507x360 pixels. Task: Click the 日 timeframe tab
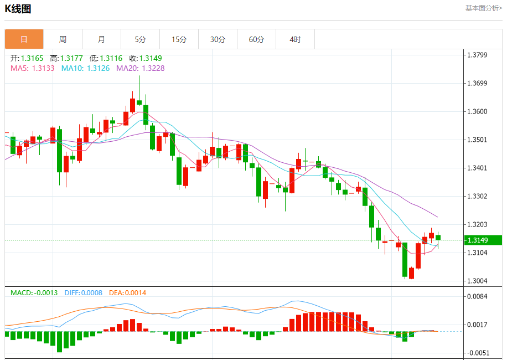point(24,39)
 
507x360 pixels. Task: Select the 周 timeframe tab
point(63,39)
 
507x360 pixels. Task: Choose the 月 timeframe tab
point(101,39)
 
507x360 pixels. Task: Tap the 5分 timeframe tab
point(140,39)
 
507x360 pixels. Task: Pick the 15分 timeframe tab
point(179,39)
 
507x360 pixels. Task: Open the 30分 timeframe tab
point(218,39)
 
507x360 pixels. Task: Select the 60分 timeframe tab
point(256,39)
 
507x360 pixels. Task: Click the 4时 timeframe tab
point(295,39)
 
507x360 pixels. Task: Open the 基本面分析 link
point(483,8)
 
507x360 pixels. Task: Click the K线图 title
point(18,9)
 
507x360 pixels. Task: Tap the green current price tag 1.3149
point(483,240)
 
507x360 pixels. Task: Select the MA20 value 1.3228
point(153,68)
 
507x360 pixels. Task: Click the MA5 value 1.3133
point(43,68)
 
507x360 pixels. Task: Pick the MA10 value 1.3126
point(98,68)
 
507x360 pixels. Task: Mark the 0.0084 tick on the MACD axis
point(477,296)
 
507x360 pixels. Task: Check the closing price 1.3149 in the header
point(151,58)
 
